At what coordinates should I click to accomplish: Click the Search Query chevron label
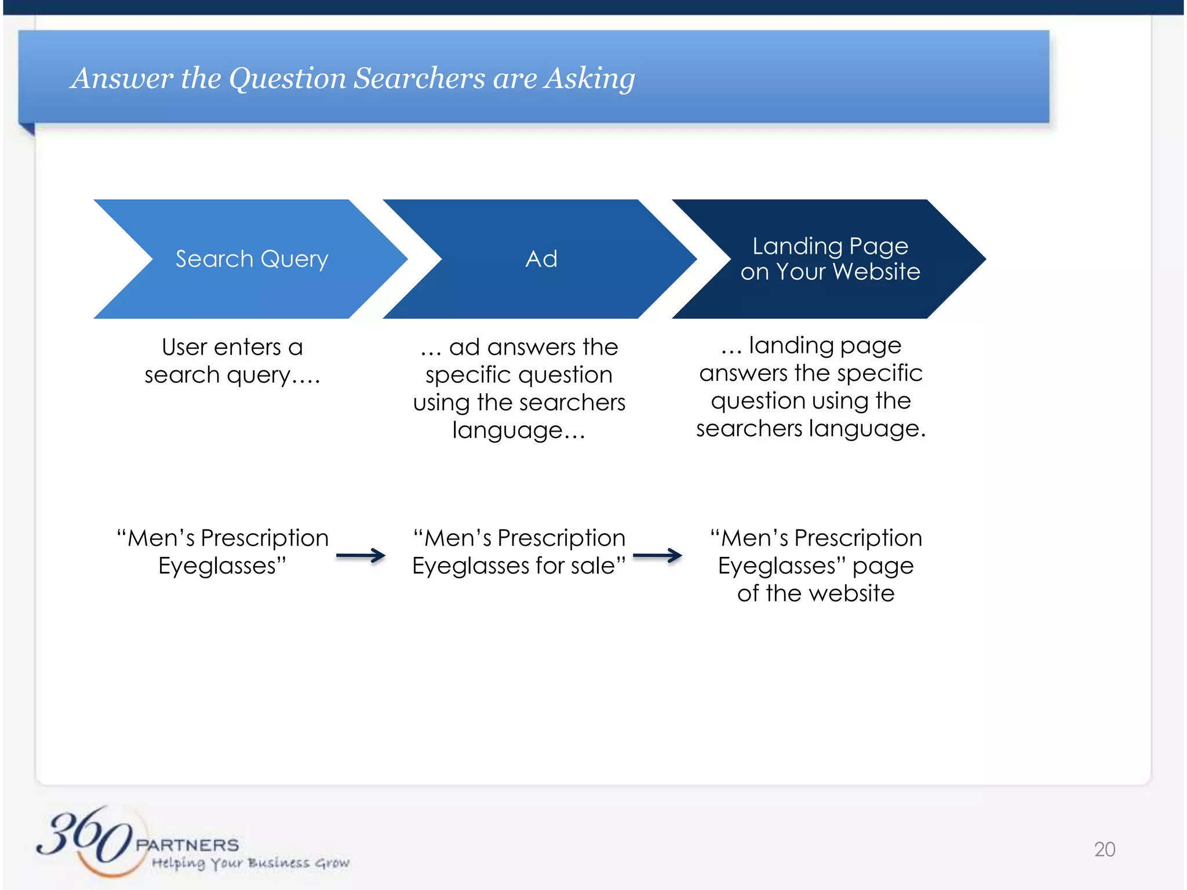[x=252, y=259]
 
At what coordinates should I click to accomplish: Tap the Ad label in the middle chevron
[x=541, y=259]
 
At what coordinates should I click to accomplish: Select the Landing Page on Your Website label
[x=830, y=259]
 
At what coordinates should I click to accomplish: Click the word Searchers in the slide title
[x=418, y=78]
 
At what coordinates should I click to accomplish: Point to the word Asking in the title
[x=589, y=78]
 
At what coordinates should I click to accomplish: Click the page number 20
[x=1104, y=849]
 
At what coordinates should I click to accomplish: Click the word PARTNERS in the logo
[x=187, y=845]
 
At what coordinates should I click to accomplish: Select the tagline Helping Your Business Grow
[x=250, y=863]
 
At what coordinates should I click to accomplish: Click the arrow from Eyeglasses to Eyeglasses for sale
[x=361, y=556]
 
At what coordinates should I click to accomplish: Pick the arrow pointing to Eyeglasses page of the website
[x=657, y=556]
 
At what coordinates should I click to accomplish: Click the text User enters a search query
[x=232, y=361]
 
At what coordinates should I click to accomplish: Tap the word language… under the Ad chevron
[x=519, y=431]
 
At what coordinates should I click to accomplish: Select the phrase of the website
[x=815, y=593]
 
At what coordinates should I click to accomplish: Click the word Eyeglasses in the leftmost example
[x=222, y=566]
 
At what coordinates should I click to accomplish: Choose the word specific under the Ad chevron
[x=461, y=375]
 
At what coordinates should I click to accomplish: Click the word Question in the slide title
[x=287, y=78]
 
